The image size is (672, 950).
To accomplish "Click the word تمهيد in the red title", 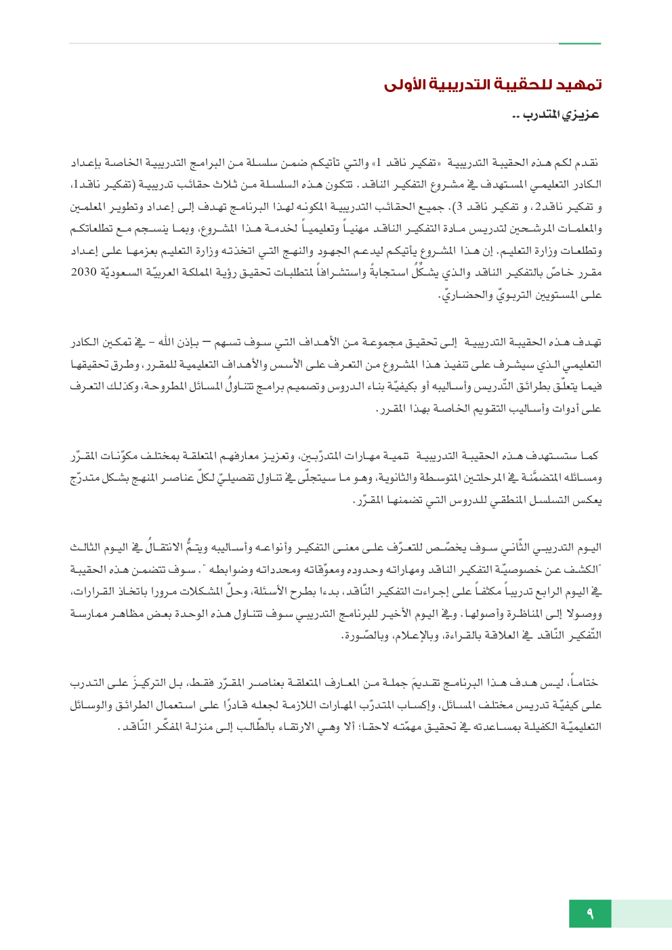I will click(x=580, y=85).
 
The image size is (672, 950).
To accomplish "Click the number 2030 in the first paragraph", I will click(x=84, y=272).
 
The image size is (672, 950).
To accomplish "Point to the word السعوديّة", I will click(x=128, y=272).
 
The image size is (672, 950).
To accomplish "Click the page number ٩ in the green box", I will click(x=590, y=913).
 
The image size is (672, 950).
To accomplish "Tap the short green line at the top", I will click(x=579, y=44).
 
